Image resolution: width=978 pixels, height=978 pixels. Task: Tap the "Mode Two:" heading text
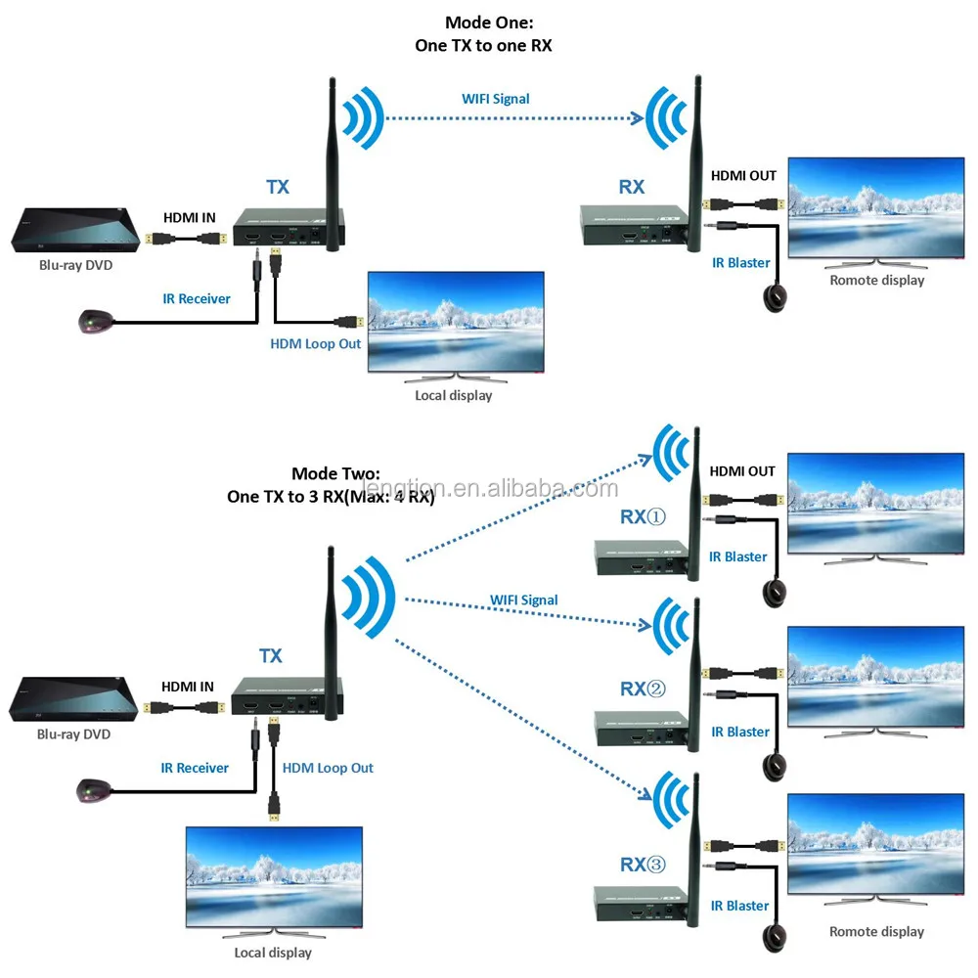pyautogui.click(x=331, y=472)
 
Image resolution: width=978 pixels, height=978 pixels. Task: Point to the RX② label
pyautogui.click(x=642, y=689)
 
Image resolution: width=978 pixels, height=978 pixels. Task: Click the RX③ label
pyautogui.click(x=642, y=865)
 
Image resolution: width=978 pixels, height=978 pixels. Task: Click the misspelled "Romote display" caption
pyautogui.click(x=876, y=931)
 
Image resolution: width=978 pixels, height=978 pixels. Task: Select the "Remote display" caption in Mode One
pyautogui.click(x=876, y=280)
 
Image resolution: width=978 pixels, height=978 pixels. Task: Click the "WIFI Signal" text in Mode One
pyautogui.click(x=496, y=99)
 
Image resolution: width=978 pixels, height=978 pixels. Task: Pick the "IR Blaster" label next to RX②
pyautogui.click(x=740, y=732)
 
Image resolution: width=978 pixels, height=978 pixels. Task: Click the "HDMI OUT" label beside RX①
pyautogui.click(x=742, y=471)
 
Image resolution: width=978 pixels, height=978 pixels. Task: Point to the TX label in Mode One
pyautogui.click(x=278, y=186)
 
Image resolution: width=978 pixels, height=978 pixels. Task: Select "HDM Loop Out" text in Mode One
pyautogui.click(x=315, y=344)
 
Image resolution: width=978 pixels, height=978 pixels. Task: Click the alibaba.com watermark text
pyautogui.click(x=489, y=488)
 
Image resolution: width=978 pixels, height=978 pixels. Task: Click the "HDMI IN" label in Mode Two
pyautogui.click(x=187, y=687)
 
